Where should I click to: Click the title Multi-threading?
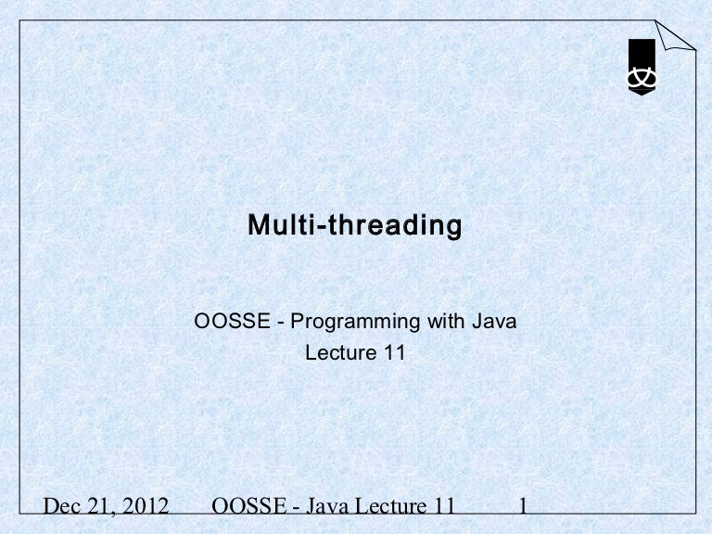[355, 225]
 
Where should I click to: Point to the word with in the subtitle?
[446, 323]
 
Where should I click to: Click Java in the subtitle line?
[494, 323]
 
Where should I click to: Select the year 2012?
[148, 509]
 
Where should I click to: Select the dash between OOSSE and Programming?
[282, 324]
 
